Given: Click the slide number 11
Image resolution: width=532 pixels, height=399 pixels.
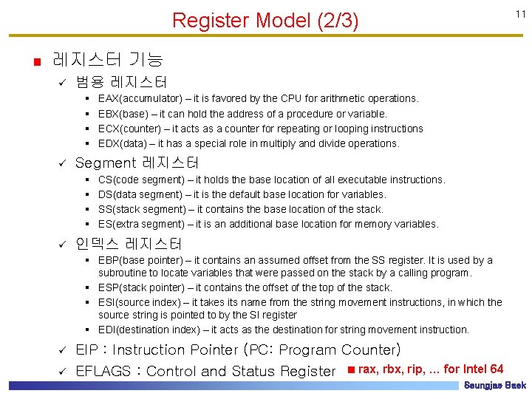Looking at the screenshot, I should pos(520,14).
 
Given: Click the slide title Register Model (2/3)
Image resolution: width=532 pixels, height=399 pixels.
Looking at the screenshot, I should pos(265,21).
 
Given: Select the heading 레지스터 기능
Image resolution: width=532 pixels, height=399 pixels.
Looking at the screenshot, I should pos(108,59).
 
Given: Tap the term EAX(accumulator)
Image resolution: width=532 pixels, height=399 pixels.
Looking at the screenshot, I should pos(140,98).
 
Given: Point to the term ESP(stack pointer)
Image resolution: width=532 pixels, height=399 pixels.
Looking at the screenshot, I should pos(140,287).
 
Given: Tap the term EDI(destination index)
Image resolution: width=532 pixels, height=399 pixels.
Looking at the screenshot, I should pos(151,330).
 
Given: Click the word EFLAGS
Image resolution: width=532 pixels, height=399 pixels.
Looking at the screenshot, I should pos(103,371).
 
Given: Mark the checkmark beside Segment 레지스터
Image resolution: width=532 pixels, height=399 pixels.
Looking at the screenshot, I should pos(63,163).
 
